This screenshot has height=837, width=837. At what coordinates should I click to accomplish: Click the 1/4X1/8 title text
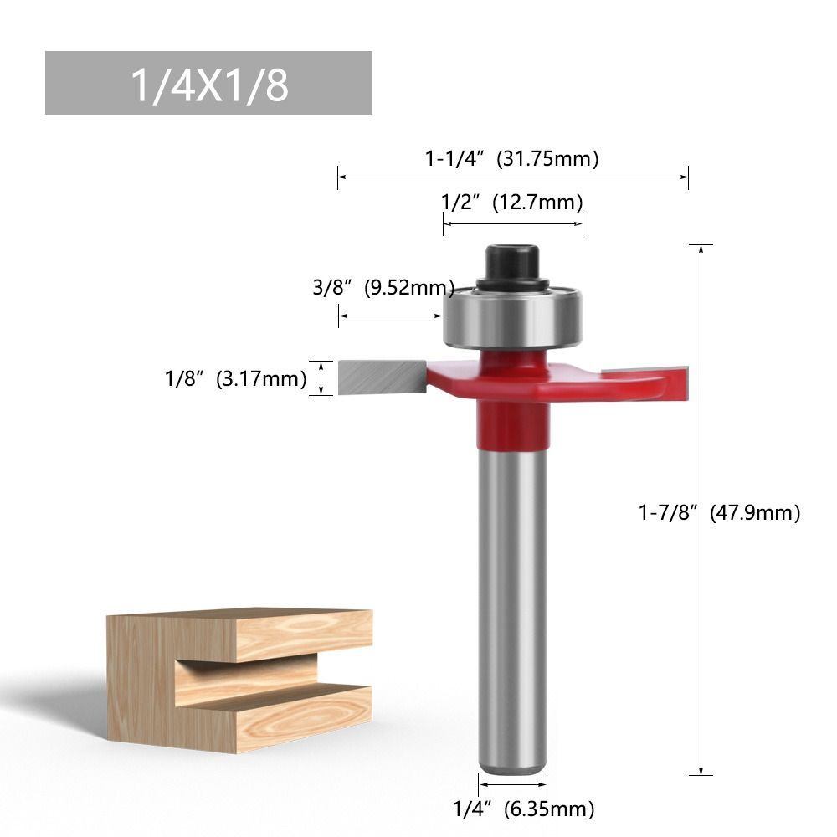[x=208, y=84]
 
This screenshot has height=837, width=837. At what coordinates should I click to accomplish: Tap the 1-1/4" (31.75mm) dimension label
[x=512, y=158]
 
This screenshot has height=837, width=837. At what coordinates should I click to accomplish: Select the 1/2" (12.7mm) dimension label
[x=512, y=202]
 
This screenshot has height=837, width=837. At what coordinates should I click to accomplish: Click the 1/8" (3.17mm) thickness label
[x=235, y=378]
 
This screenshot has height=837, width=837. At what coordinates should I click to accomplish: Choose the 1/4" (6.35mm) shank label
[x=523, y=809]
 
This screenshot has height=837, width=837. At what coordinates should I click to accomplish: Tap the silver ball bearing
[x=511, y=318]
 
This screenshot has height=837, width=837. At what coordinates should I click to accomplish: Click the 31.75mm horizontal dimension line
[x=512, y=177]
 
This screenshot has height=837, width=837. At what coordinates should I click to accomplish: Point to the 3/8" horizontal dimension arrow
[x=390, y=316]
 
